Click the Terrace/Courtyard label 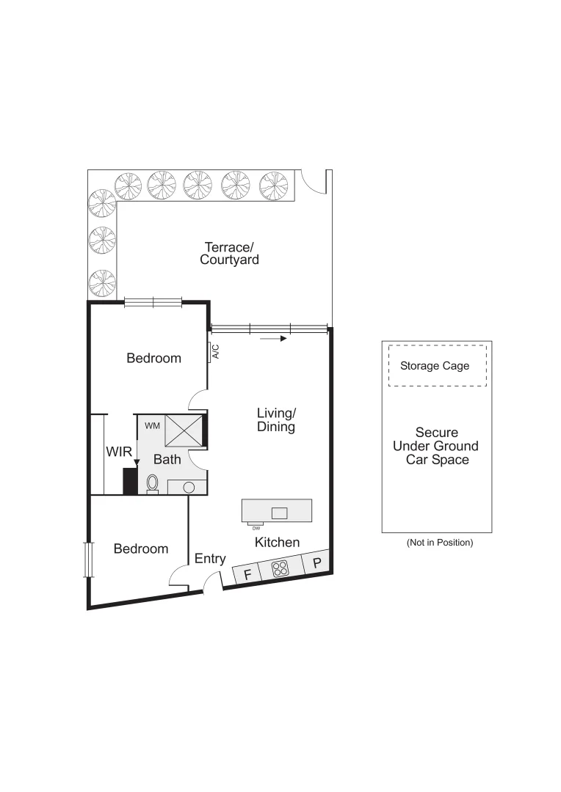(x=229, y=253)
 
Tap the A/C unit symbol (x=212, y=353)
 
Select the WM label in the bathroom (x=152, y=425)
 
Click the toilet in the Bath (x=153, y=483)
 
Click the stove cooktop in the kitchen (x=280, y=568)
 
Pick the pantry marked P (x=317, y=563)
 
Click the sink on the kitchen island (x=280, y=512)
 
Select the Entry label (x=210, y=559)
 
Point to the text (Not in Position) (x=440, y=543)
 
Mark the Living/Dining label (x=276, y=419)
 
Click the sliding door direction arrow (x=271, y=339)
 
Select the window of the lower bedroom (x=89, y=560)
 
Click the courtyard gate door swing (x=314, y=181)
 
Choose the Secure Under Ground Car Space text (x=436, y=446)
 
